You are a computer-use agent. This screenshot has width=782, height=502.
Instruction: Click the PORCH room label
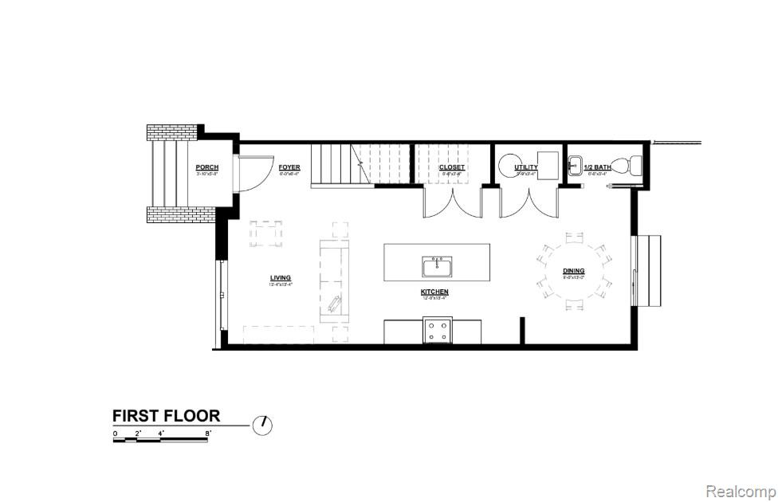206,167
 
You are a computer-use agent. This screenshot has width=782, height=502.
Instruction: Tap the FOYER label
289,167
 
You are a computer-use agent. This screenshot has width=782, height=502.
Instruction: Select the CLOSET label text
453,167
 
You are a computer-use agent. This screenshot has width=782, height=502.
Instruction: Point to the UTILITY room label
526,167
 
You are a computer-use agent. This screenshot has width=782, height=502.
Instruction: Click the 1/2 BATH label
597,167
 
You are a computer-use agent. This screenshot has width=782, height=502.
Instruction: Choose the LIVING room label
280,277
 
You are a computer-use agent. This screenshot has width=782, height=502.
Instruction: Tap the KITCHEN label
434,292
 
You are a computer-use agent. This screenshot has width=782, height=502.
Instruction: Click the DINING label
573,271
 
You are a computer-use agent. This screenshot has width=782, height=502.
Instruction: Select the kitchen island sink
436,265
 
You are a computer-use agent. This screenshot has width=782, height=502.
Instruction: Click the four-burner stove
437,330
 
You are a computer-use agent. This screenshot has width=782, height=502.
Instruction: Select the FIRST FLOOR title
166,415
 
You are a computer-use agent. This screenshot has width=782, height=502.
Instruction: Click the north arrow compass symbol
262,425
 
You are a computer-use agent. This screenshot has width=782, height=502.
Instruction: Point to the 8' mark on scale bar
208,433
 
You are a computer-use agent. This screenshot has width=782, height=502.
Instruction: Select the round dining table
573,271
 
